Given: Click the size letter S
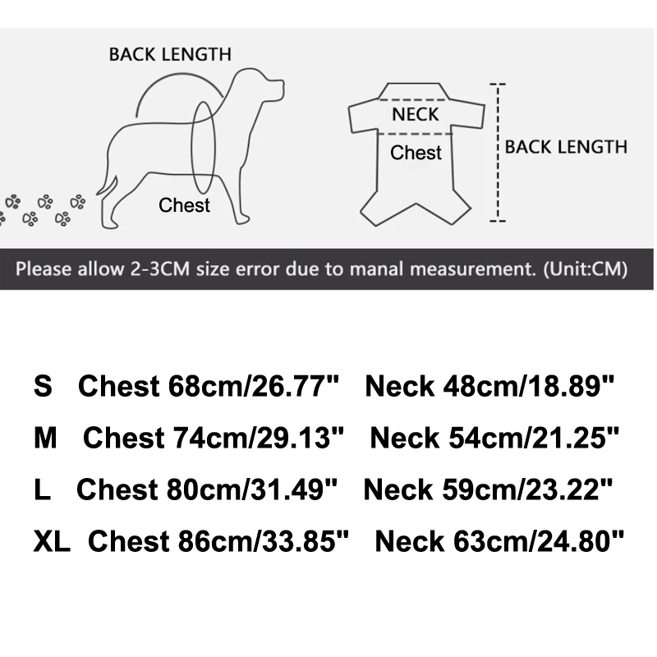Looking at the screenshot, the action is (x=43, y=386).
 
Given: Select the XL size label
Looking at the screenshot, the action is (x=52, y=541).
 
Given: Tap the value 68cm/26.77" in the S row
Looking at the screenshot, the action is (x=254, y=386).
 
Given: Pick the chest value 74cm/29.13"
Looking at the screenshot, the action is (x=259, y=438).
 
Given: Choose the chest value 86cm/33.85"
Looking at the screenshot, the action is (x=264, y=541).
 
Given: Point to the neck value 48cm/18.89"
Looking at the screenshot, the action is (x=535, y=386).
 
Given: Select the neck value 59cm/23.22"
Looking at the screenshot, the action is (x=533, y=489).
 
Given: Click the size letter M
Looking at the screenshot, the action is (x=45, y=438).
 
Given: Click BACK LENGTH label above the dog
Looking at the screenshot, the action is (x=170, y=55).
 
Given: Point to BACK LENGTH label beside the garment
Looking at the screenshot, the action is (x=566, y=147).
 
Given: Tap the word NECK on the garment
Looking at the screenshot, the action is (x=416, y=114).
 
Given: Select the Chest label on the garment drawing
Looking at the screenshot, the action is (x=416, y=153).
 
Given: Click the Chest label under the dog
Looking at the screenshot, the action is (x=184, y=205).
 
